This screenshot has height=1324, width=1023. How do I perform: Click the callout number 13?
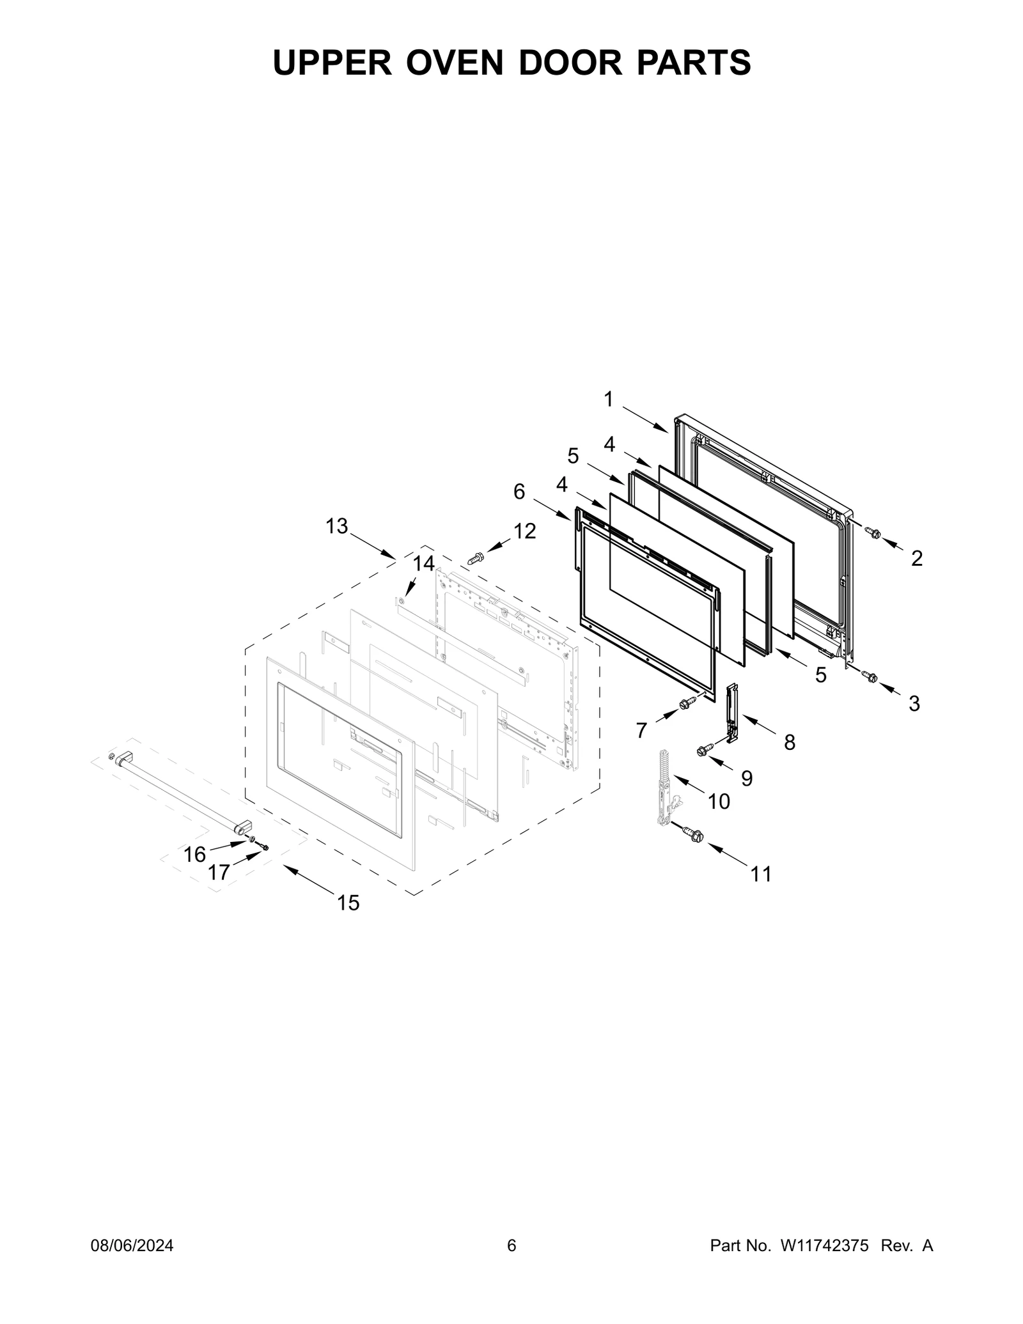[337, 526]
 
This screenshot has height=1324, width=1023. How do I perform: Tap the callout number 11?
[761, 873]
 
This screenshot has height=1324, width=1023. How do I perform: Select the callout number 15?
[348, 903]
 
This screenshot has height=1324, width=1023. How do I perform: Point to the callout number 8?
[790, 742]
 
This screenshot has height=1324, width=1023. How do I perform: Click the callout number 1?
[608, 400]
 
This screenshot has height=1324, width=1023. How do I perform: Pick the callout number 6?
[519, 492]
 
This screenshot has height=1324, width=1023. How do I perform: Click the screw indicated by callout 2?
[873, 532]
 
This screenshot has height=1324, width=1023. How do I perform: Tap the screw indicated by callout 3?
[870, 676]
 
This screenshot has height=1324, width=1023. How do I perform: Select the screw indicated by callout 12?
[476, 558]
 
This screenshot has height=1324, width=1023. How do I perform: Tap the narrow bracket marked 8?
[732, 708]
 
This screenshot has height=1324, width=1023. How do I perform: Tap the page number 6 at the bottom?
[511, 1245]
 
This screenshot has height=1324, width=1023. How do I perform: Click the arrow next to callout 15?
[309, 879]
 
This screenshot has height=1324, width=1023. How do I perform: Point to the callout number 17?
[219, 872]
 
